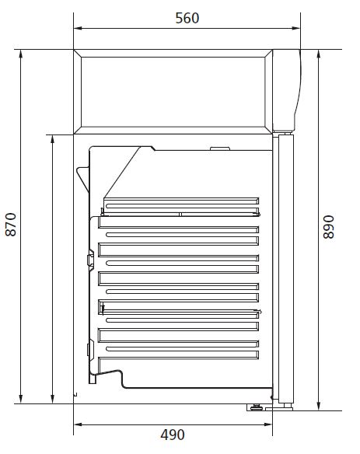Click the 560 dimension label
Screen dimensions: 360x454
[x=187, y=18]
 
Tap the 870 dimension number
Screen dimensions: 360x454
[x=11, y=225]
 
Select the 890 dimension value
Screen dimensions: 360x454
[x=328, y=227]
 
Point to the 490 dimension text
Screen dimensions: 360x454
[x=173, y=435]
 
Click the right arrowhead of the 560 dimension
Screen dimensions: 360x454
[x=295, y=28]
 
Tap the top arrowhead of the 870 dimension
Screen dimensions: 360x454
[x=20, y=54]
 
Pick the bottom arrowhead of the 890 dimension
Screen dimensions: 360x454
[x=319, y=406]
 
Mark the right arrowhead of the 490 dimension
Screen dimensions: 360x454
[x=267, y=424]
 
